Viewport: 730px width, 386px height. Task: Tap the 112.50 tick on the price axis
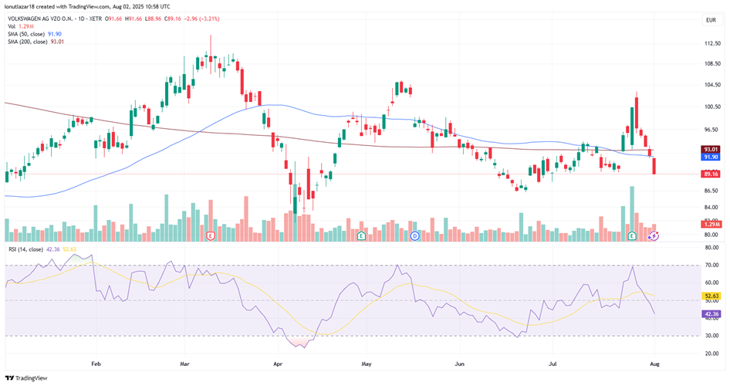click(712, 43)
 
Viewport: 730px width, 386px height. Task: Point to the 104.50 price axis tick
click(712, 86)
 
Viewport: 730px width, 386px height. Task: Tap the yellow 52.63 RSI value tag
click(711, 295)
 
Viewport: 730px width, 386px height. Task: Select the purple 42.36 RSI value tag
click(711, 314)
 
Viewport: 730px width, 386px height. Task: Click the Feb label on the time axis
click(96, 362)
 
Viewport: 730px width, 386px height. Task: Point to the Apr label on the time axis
click(277, 362)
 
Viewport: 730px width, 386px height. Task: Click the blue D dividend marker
click(414, 235)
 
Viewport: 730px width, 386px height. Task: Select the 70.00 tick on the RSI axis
click(712, 265)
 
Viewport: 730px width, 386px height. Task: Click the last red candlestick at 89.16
click(655, 165)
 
